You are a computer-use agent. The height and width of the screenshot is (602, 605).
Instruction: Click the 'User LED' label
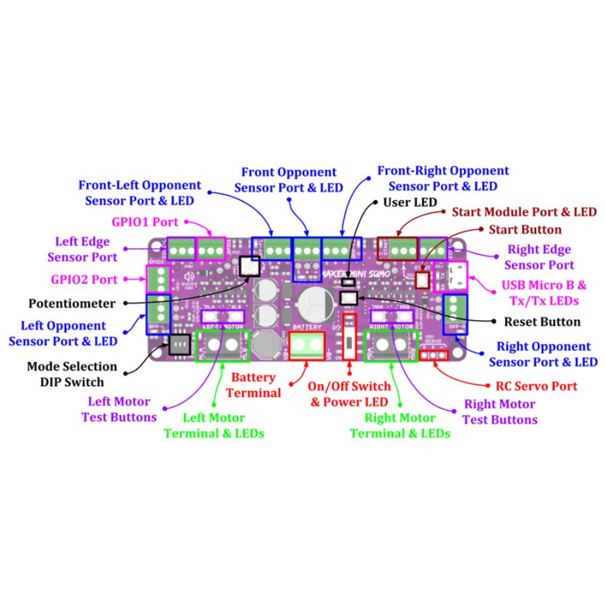(x=410, y=202)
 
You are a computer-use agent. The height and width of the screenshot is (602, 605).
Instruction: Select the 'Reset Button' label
(x=542, y=322)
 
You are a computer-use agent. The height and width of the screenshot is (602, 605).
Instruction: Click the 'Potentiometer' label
(x=71, y=303)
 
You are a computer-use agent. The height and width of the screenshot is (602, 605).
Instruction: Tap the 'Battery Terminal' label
(x=254, y=385)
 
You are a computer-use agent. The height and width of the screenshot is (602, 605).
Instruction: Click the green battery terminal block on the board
(x=307, y=346)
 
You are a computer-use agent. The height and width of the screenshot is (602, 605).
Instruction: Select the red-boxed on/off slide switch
(x=349, y=336)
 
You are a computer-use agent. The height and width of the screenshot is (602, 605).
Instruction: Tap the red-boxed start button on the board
(x=423, y=279)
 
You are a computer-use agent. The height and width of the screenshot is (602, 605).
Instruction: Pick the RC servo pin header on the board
(x=432, y=355)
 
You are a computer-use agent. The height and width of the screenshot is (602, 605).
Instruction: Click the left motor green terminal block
(x=222, y=346)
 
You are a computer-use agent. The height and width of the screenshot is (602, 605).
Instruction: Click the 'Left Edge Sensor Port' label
(x=82, y=249)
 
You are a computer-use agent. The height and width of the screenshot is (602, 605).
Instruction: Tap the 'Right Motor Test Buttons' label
(x=499, y=411)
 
